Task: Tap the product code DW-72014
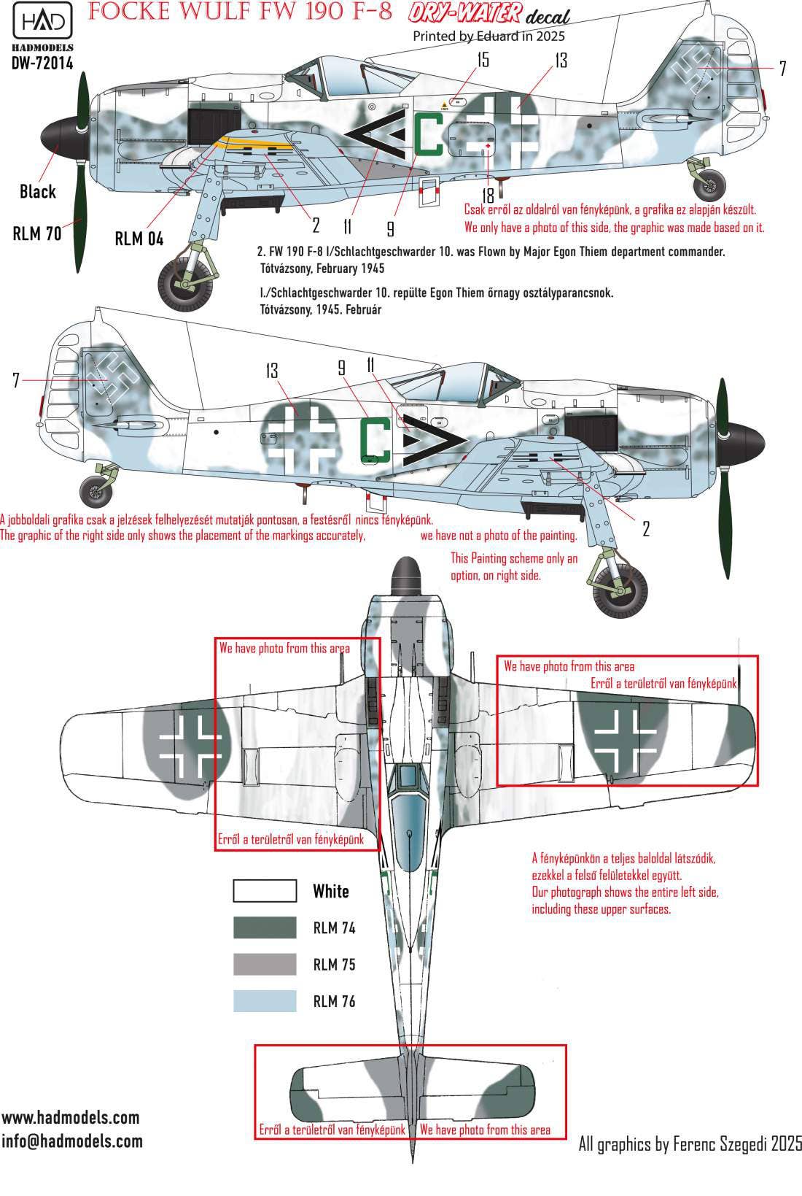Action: tap(42, 63)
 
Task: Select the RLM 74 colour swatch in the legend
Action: tap(265, 927)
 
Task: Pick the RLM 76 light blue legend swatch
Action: tap(265, 1000)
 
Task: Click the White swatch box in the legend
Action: tap(265, 891)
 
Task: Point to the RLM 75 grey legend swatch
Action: tap(265, 964)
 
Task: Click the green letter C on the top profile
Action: tap(428, 134)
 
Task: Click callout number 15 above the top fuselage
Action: tap(483, 60)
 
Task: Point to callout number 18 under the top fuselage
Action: tap(488, 195)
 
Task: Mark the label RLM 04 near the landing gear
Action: tap(139, 239)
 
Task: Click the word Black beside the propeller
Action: tap(38, 191)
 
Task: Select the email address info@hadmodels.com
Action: tap(72, 1141)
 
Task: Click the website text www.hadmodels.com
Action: tap(71, 1118)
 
